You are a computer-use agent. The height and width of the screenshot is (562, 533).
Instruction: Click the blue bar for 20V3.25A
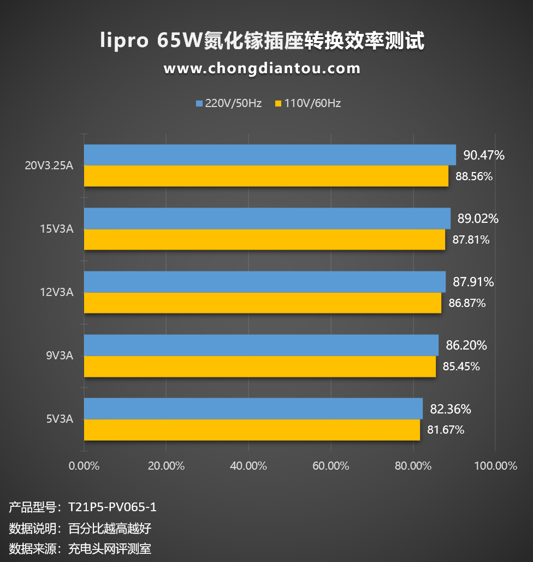coord(270,155)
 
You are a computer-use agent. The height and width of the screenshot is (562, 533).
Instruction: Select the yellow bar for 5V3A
coord(252,430)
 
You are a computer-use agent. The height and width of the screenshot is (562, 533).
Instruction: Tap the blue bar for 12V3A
coord(264,282)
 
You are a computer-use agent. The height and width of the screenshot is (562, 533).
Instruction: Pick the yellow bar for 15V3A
coord(264,240)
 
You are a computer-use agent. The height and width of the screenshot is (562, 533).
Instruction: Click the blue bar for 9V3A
coord(261,345)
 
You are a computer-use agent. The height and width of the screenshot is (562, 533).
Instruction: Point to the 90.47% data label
coord(484,155)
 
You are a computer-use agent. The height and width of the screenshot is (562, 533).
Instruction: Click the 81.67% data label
coord(446,430)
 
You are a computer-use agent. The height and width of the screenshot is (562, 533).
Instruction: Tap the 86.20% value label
coord(466,345)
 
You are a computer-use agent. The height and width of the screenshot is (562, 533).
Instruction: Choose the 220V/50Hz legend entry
coord(229,103)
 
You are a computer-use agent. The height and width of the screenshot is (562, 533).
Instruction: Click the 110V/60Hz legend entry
coord(308,103)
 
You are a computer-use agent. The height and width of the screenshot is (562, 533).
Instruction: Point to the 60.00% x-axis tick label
coord(330,466)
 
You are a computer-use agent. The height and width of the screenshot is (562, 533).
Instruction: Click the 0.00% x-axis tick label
coord(84,466)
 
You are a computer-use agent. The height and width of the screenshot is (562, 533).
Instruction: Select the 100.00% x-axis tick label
coord(495,466)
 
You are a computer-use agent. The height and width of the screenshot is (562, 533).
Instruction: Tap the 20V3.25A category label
coord(49,166)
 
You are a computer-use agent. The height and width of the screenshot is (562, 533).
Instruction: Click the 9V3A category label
coord(60,356)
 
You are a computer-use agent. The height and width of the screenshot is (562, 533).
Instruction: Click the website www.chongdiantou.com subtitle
coord(262,69)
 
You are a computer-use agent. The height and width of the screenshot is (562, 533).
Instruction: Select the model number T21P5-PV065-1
coord(112,507)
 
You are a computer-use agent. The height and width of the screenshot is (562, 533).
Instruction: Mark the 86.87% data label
coord(467,303)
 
